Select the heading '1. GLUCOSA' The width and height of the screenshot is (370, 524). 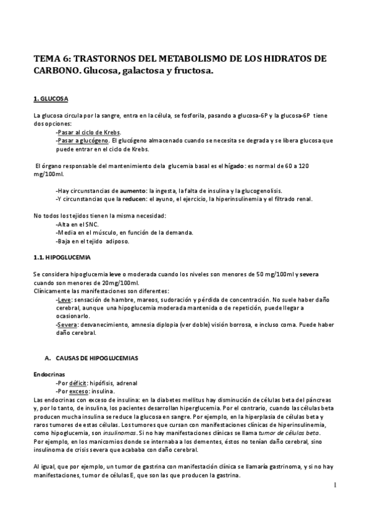pos(51,98)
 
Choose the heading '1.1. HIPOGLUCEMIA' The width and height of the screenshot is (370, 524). pos(61,256)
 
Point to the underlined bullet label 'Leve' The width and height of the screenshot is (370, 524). pos(64,298)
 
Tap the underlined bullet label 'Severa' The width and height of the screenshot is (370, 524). pos(67,324)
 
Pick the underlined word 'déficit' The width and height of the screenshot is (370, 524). pos(79,383)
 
